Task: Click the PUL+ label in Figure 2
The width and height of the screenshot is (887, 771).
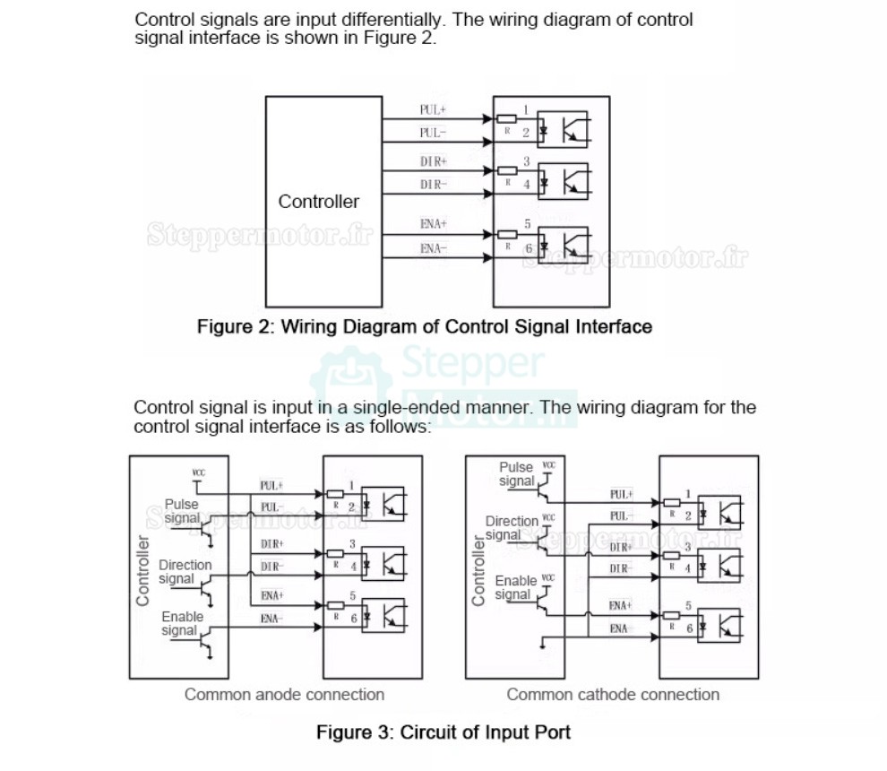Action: click(433, 109)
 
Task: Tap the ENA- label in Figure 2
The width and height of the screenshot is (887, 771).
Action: click(433, 248)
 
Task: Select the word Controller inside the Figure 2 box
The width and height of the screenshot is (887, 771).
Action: click(318, 202)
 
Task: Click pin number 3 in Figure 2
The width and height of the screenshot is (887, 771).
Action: click(526, 160)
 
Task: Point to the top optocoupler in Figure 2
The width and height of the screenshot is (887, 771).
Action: click(569, 129)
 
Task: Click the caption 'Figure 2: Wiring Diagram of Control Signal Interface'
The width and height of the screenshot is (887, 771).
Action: click(424, 326)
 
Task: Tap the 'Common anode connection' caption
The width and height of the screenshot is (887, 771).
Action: click(284, 695)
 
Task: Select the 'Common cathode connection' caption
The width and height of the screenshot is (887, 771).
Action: click(613, 695)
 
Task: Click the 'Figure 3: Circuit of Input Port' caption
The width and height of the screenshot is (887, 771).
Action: click(443, 732)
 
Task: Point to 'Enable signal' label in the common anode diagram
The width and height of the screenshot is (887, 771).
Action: click(182, 623)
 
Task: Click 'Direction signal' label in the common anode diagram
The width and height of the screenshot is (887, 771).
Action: click(185, 571)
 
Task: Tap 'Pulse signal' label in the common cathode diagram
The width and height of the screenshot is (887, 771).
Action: click(516, 473)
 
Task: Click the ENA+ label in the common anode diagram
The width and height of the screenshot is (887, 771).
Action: click(271, 594)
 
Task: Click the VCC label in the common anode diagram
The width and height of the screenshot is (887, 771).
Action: click(198, 472)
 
